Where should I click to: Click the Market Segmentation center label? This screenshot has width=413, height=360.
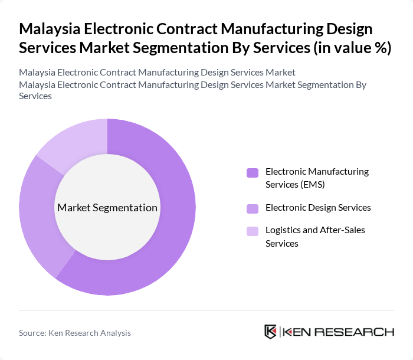pos(107,208)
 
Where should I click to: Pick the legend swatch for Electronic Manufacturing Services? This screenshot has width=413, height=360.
pos(253,172)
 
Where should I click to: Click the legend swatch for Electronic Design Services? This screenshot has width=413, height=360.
pos(253,208)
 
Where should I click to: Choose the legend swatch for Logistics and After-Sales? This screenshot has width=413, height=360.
pos(253,231)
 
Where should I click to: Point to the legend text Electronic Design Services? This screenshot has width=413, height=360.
pos(318,207)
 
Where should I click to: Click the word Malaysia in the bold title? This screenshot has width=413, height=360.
pos(47,29)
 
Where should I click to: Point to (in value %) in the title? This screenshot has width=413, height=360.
pos(353,48)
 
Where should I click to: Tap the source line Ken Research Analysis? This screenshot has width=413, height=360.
pos(89,333)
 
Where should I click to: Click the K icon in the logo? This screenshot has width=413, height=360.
pos(270,332)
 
